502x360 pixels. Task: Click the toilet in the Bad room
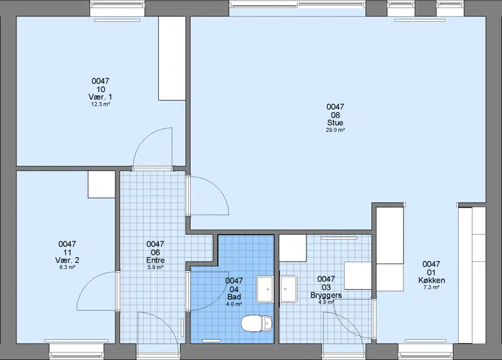coord(257,323)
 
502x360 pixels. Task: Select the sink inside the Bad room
coord(265,289)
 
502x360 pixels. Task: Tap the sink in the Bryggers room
coord(289,289)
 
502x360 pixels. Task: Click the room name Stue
coord(335,122)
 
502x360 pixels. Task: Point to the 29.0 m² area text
coord(335,130)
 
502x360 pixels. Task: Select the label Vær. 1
coord(100,97)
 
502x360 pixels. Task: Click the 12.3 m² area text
coord(100,104)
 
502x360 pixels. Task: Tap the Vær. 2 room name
coord(67,260)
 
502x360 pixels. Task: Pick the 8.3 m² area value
coord(67,267)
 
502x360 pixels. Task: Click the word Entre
coord(155,260)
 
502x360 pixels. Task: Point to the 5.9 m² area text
coord(155,267)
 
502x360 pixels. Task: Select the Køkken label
coord(431,280)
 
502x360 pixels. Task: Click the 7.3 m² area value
coord(431,287)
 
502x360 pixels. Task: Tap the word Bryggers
coord(326,295)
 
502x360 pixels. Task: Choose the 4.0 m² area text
coord(234,304)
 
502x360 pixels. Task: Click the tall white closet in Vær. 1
coord(172,58)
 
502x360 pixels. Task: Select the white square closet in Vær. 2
coord(102,184)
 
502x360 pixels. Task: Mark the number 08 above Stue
coord(335,115)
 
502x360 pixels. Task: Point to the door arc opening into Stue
coord(218,189)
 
